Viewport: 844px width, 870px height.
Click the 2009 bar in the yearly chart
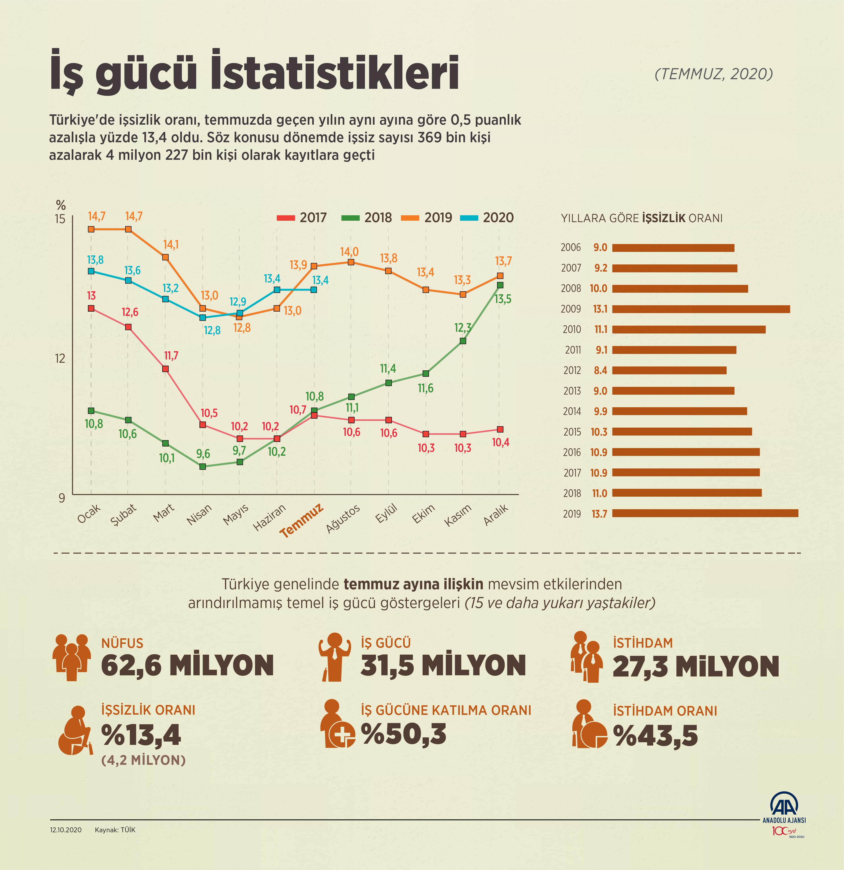(701, 309)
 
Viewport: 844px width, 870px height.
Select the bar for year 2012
(669, 370)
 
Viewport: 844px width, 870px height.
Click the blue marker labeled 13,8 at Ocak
(91, 271)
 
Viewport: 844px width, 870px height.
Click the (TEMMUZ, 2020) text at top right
(713, 74)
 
